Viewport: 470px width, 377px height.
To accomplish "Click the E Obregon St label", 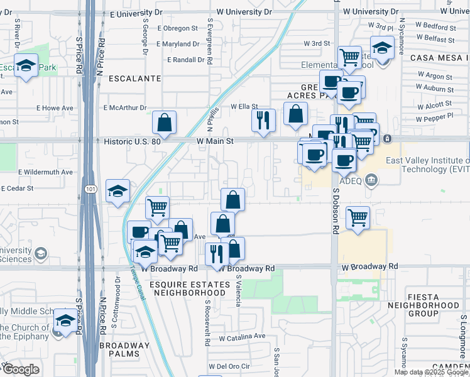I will click(x=178, y=28).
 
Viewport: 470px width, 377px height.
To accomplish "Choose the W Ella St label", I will click(x=244, y=107).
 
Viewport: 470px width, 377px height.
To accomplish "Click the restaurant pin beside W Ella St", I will click(x=263, y=119).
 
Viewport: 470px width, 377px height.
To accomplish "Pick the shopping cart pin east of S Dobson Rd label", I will click(x=358, y=217).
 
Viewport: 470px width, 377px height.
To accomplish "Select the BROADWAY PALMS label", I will click(x=124, y=349).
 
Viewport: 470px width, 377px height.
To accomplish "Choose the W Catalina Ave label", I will click(x=242, y=337).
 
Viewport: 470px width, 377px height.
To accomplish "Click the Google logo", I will click(x=20, y=369).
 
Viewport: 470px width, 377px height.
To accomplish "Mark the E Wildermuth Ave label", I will click(x=46, y=172).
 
